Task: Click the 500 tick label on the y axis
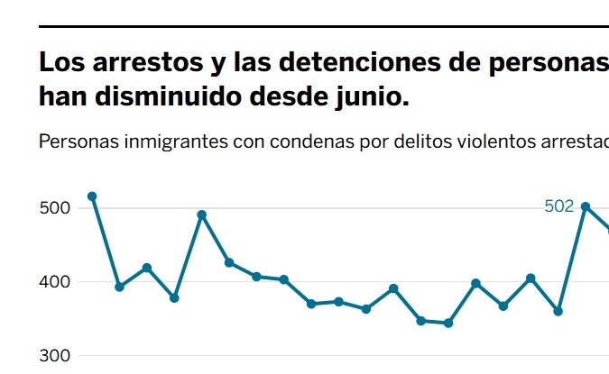[56, 208]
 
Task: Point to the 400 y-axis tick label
[56, 282]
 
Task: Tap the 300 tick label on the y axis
[56, 356]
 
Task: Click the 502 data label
[559, 206]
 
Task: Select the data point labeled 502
[586, 206]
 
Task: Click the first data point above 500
[91, 196]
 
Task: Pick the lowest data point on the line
[448, 323]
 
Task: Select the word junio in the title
[372, 96]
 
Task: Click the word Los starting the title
[60, 64]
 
